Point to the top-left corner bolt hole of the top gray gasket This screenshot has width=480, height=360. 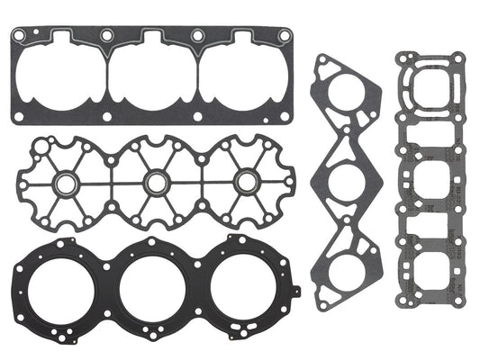click(x=18, y=35)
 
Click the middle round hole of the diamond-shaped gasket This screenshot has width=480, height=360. click(x=344, y=180)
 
